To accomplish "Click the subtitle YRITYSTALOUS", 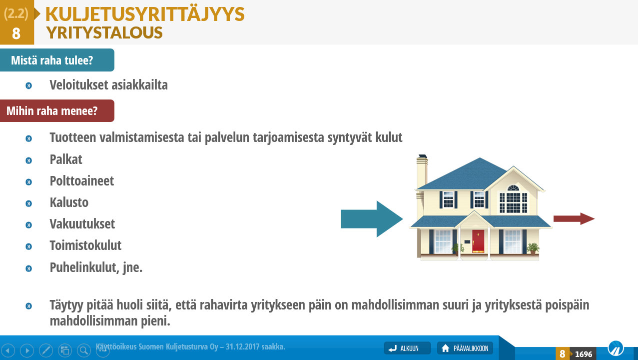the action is coord(104,32).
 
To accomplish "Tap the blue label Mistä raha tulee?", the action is coord(57,60).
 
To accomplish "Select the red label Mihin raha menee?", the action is coord(57,111).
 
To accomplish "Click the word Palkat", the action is coord(66,159).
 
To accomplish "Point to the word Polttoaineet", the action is coord(82,181).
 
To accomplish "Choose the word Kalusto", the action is coord(69,202).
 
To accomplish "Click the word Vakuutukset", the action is coord(82,224).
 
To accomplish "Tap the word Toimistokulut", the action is coord(85,245).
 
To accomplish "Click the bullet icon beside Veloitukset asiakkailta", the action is coord(28,85).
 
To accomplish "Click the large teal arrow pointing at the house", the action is coord(372,219).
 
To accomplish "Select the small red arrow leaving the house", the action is coord(574,219).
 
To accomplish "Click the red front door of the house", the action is coord(478,241).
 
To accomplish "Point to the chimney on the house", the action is coord(422,171).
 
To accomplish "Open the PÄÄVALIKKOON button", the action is coord(465,348).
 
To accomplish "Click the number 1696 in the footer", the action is coord(584,354).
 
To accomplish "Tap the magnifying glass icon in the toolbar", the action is coord(84,350).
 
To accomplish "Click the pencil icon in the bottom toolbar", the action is coord(46,350).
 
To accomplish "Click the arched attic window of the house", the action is coord(513,188).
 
